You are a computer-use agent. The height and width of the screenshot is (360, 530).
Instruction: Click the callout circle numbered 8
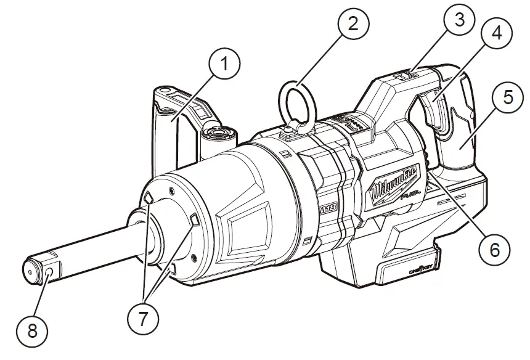point(32,330)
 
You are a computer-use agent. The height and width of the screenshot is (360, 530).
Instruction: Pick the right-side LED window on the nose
point(193,220)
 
